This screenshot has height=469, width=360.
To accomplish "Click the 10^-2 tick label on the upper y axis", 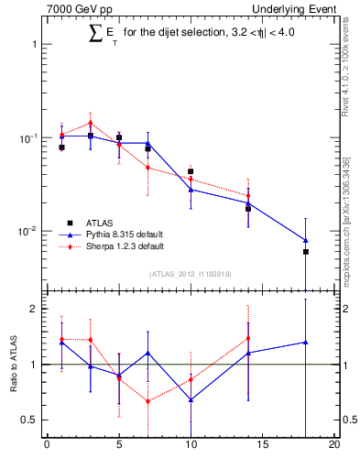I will [28, 231].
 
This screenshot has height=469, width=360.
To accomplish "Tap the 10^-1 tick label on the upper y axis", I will [28, 137].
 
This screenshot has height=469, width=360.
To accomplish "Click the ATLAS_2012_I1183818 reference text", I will [191, 274].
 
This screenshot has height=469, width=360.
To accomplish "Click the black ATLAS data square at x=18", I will [306, 252].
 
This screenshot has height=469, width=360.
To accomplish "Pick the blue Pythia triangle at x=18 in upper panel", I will [306, 240].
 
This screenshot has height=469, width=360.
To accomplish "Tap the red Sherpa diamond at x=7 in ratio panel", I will [147, 401].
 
